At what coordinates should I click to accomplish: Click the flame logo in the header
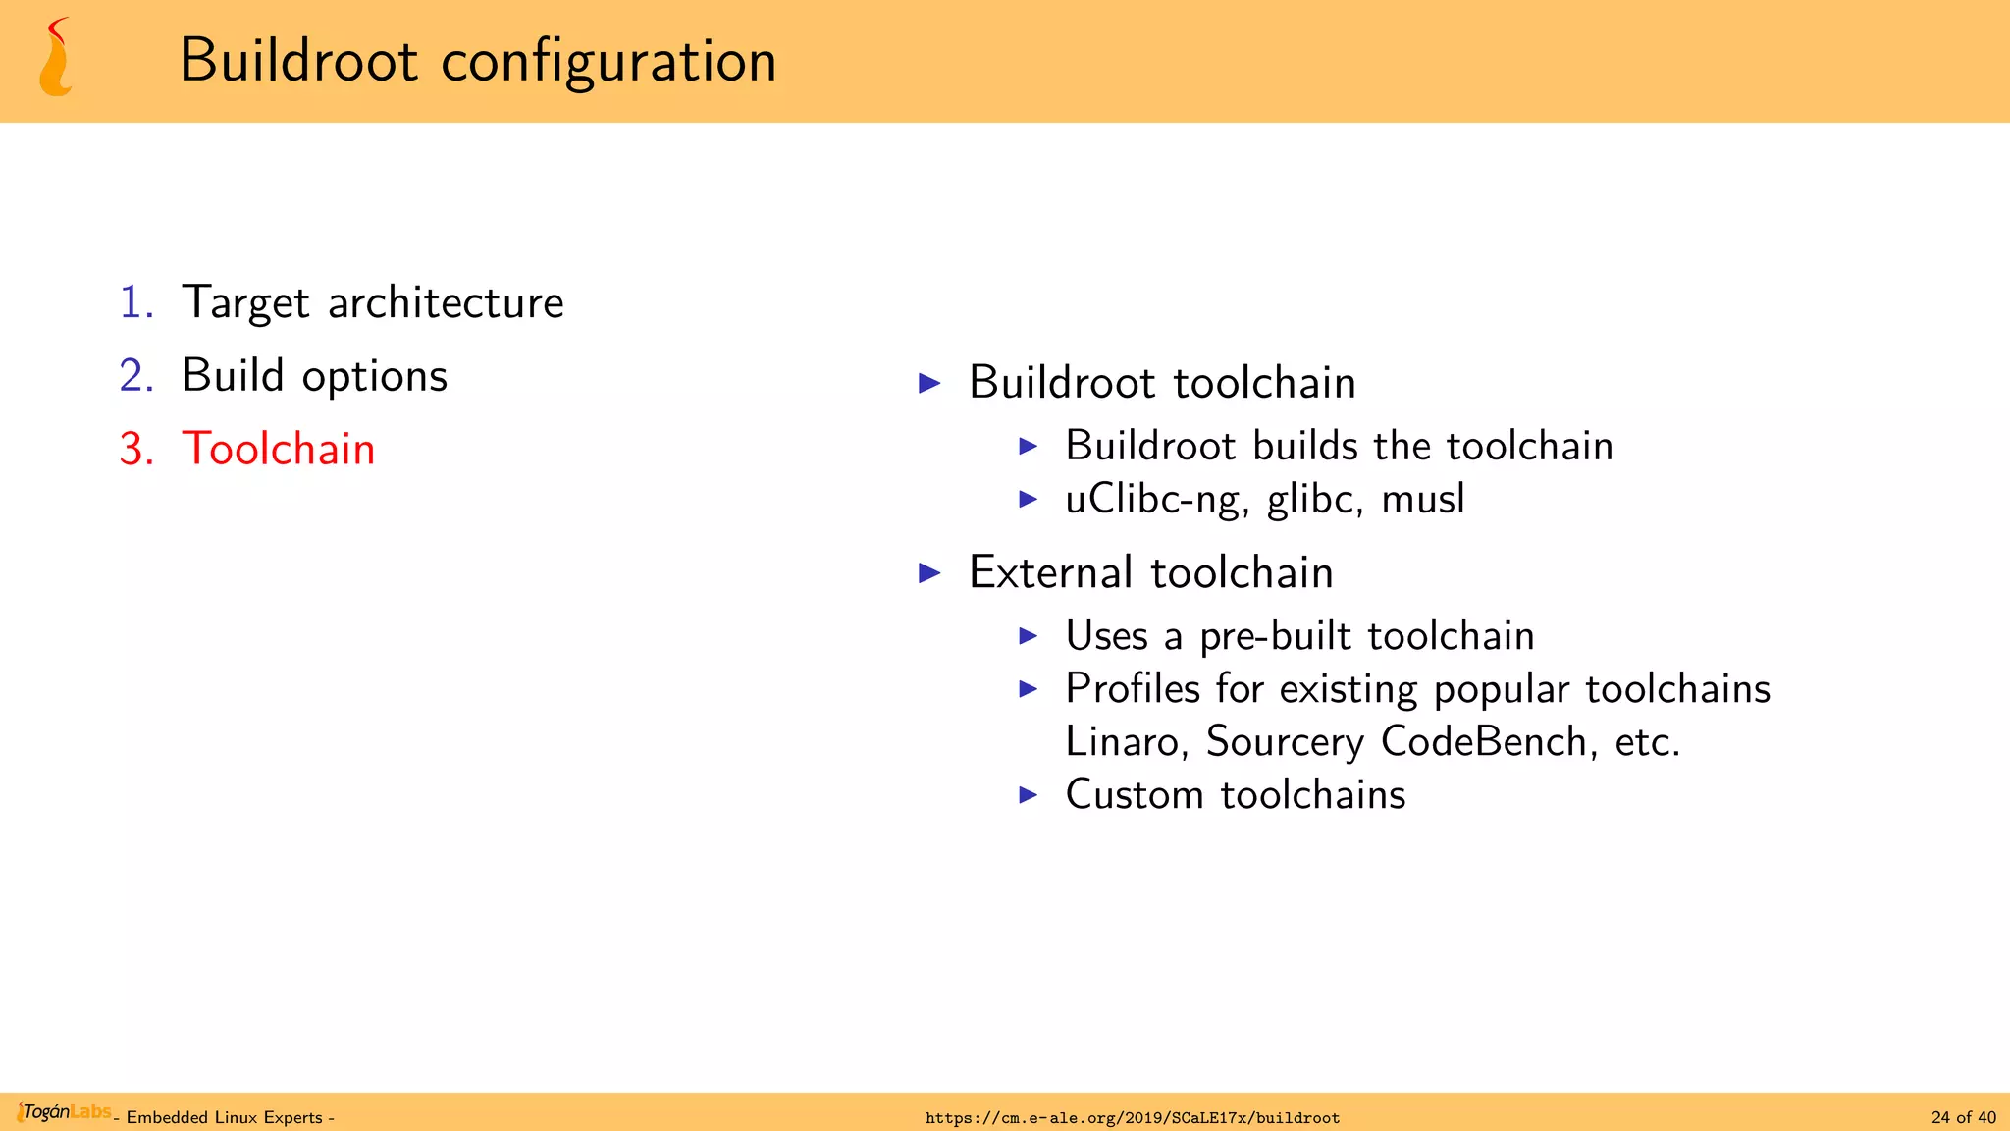click(56, 59)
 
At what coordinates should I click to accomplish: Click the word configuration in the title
click(608, 61)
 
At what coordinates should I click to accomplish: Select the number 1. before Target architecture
click(136, 302)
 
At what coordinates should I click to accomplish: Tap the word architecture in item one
click(446, 302)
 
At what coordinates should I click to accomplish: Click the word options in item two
click(374, 377)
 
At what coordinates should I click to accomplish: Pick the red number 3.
click(136, 450)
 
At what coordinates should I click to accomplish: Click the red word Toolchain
click(279, 450)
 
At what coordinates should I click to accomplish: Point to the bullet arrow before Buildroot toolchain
click(929, 383)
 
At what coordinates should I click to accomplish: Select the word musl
click(1422, 499)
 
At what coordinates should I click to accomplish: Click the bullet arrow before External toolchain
click(929, 573)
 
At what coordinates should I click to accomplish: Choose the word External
click(1051, 572)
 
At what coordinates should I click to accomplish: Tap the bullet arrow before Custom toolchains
click(1028, 795)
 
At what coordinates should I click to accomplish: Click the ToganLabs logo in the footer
click(64, 1112)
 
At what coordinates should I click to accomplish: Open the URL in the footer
click(1132, 1118)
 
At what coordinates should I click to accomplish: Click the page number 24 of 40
click(1963, 1118)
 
